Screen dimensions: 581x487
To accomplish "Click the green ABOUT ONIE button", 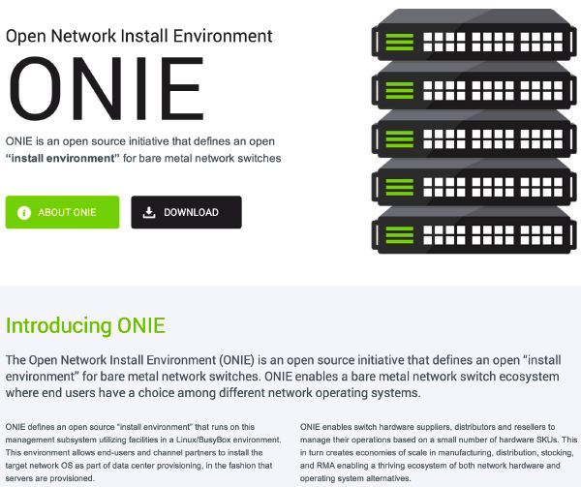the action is coord(62,212).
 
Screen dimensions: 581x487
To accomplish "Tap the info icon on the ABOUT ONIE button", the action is coord(24,213).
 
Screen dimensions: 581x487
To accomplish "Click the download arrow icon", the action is coord(149,212).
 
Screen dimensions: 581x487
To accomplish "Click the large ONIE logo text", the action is coord(106,88).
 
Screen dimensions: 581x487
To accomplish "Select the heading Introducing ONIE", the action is coord(85,326).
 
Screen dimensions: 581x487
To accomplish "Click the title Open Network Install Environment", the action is coord(138,36).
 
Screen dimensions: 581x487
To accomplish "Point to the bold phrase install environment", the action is coord(63,158).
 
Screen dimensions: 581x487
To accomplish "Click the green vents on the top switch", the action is coord(399,42).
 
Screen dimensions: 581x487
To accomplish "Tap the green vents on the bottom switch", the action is coord(399,235).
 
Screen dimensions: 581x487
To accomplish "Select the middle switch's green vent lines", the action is coord(399,138).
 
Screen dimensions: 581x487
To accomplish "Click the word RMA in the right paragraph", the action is coord(325,465).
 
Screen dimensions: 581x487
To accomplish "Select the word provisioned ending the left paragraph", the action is coord(73,478).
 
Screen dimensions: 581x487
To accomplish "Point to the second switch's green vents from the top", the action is coord(399,91).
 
